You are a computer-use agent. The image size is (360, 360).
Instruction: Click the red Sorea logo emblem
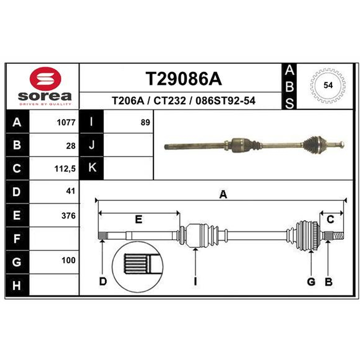(x=45, y=78)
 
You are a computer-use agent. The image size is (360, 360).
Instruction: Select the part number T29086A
(x=184, y=79)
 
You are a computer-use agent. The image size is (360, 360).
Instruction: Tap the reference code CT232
(x=170, y=100)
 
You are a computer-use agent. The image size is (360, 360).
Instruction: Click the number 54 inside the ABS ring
(x=328, y=85)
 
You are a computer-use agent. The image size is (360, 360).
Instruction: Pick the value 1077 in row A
(x=66, y=122)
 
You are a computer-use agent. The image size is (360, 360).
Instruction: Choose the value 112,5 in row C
(x=65, y=169)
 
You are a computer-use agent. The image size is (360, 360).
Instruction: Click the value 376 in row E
(x=68, y=216)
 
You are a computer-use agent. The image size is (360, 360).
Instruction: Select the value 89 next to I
(x=145, y=122)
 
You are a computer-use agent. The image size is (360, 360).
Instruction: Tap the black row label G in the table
(x=17, y=262)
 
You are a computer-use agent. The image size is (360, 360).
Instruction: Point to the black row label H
(x=17, y=285)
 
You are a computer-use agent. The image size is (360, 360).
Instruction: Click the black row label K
(x=91, y=168)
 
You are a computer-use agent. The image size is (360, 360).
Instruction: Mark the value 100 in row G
(x=68, y=261)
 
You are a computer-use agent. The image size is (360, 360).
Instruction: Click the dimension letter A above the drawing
(x=223, y=194)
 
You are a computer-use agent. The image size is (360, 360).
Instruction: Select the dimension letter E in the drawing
(x=139, y=220)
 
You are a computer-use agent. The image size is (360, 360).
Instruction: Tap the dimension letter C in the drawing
(x=330, y=220)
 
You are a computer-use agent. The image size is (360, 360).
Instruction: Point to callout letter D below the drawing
(x=103, y=282)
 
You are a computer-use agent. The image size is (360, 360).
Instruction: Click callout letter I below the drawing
(x=195, y=282)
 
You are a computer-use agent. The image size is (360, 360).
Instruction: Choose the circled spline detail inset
(x=137, y=267)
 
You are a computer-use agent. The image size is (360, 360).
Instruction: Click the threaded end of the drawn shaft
(x=338, y=236)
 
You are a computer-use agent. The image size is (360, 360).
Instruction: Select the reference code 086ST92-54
(x=225, y=100)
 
